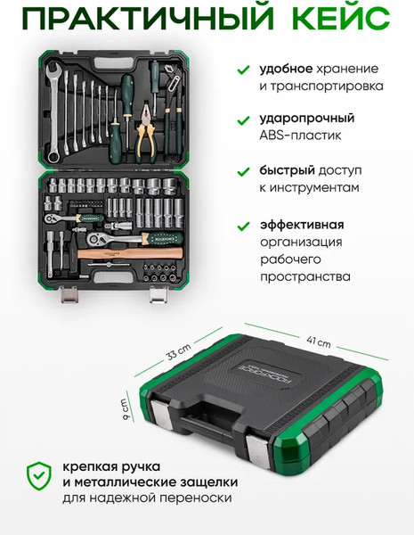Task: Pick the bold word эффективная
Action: (303, 224)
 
